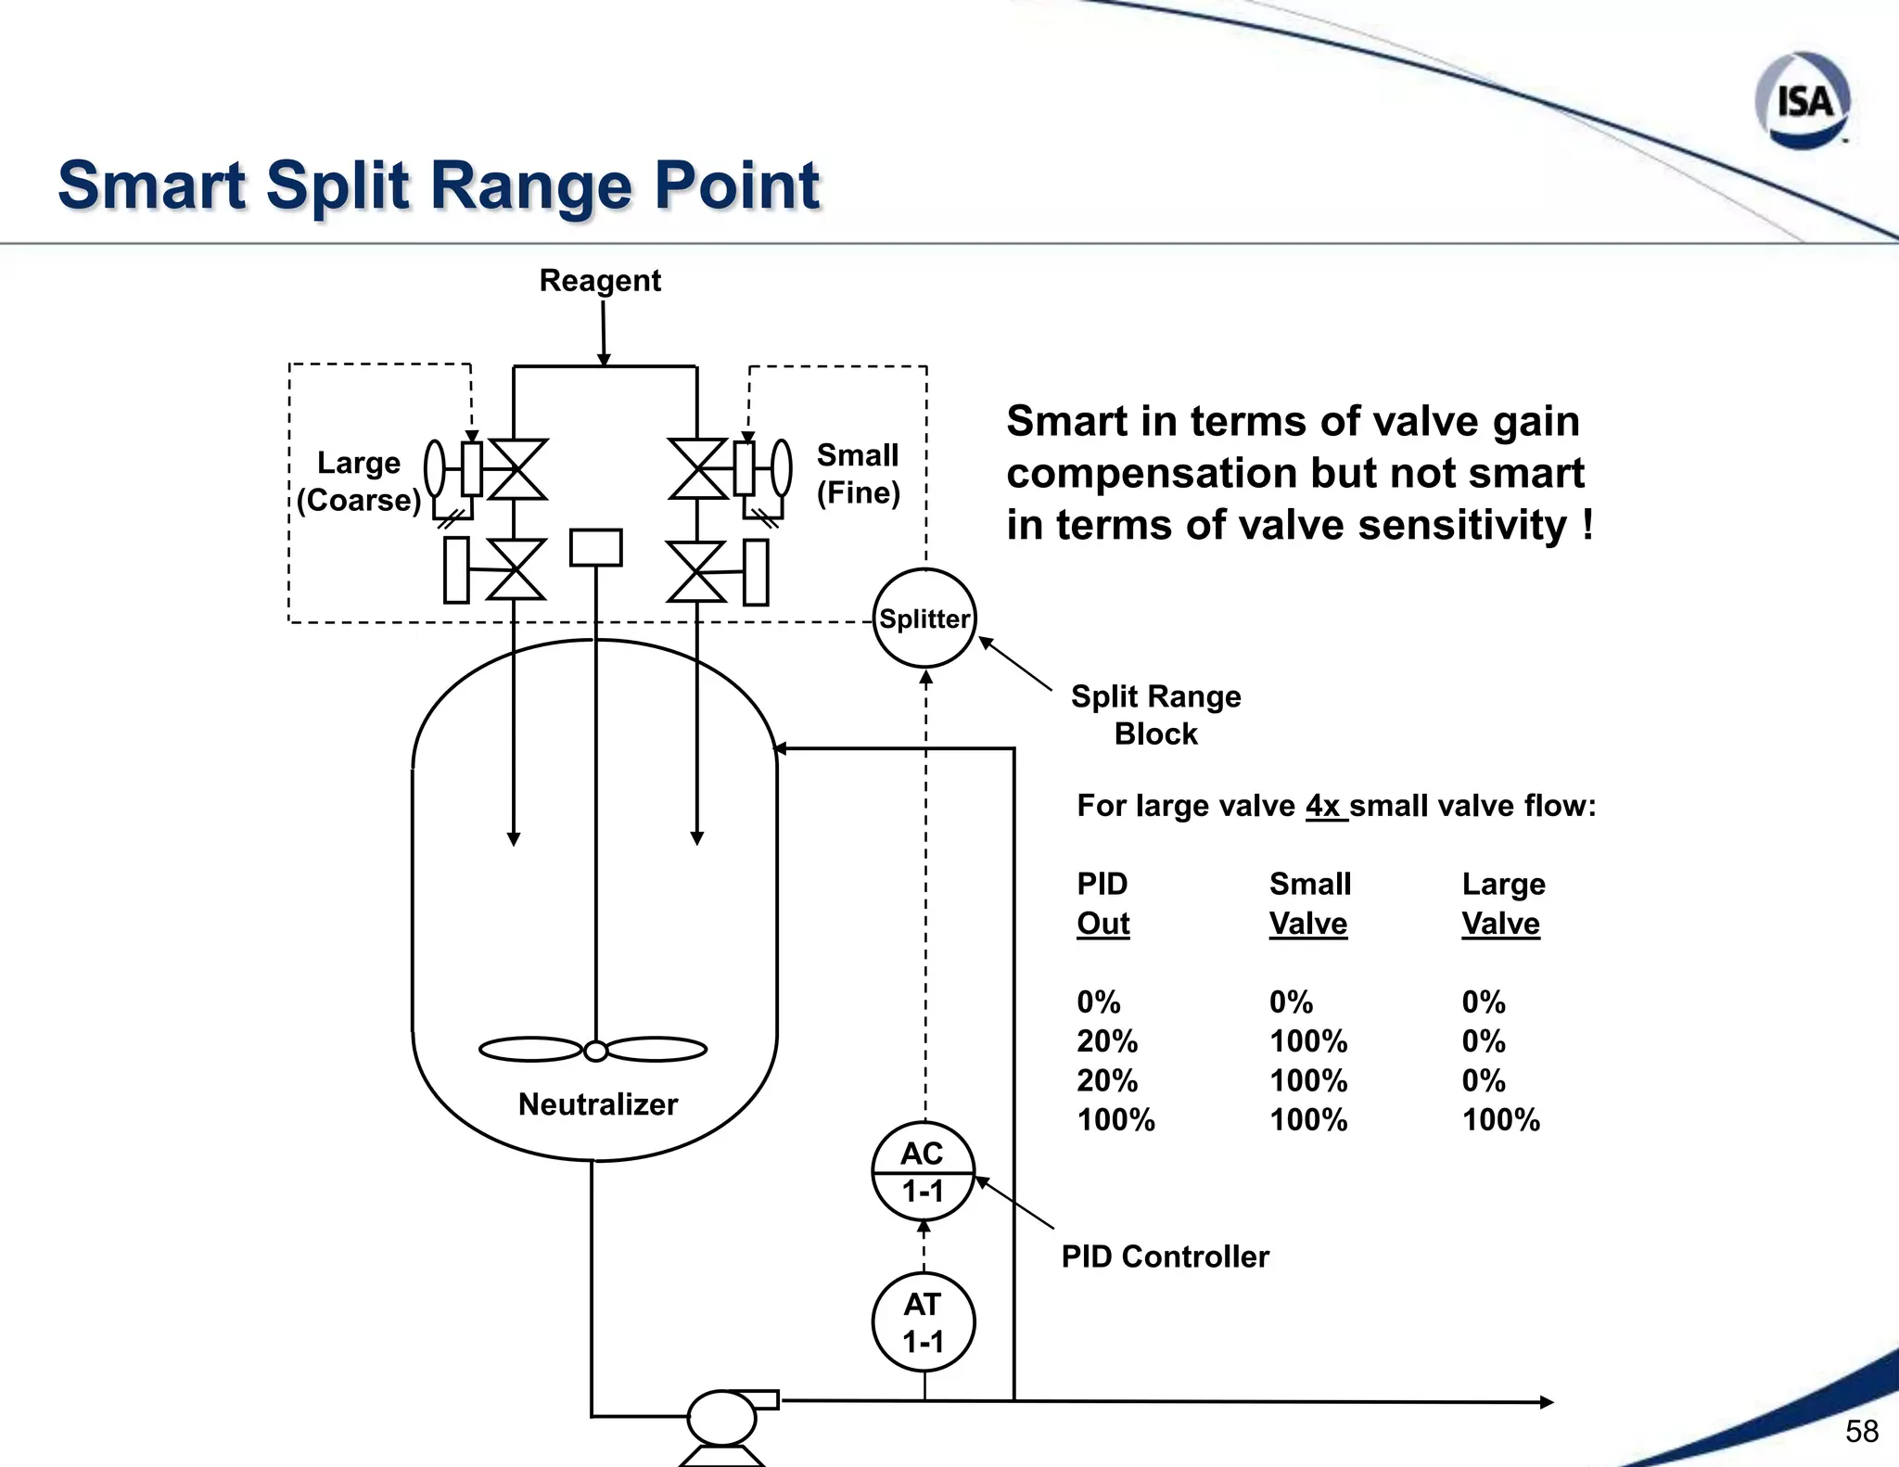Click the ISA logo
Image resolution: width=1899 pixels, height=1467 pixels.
click(1803, 100)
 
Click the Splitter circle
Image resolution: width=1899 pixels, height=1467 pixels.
click(924, 619)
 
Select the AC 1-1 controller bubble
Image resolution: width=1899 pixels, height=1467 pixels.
click(924, 1172)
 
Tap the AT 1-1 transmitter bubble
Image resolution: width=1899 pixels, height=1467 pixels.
click(924, 1322)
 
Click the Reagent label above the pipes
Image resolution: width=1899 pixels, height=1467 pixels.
click(600, 280)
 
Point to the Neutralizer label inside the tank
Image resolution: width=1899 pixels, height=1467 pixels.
click(598, 1104)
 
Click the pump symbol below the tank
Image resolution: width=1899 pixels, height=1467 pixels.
click(721, 1418)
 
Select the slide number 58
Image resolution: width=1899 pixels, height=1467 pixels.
click(1861, 1431)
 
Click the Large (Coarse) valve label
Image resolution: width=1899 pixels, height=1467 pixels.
click(359, 481)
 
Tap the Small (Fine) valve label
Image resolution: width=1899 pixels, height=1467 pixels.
click(858, 474)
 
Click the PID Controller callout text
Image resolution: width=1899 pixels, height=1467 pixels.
click(1165, 1257)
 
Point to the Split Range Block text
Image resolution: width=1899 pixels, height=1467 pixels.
click(1155, 715)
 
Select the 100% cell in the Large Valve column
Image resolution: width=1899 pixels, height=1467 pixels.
click(1500, 1120)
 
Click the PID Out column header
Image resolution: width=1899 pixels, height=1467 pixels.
click(1102, 903)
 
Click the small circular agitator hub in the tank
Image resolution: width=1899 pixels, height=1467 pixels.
click(595, 1051)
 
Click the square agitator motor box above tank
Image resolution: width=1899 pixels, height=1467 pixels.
click(595, 547)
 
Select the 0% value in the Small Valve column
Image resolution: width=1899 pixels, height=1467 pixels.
click(1291, 1002)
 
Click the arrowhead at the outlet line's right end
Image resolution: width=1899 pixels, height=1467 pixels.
click(1546, 1402)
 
